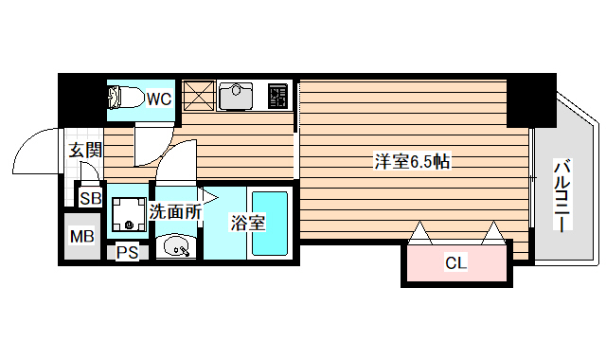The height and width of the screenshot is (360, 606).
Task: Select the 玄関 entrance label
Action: (85, 149)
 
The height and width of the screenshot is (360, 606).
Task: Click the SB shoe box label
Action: (90, 198)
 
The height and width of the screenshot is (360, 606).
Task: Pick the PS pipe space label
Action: (126, 253)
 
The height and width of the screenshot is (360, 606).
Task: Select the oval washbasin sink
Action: (177, 248)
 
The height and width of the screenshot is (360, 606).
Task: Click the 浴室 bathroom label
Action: (247, 224)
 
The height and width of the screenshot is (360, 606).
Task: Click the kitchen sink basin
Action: (236, 96)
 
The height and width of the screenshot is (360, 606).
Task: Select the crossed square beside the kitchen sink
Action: (199, 96)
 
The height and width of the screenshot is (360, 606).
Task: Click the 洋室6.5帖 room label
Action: (411, 161)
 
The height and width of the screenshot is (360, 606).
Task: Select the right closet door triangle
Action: (492, 232)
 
